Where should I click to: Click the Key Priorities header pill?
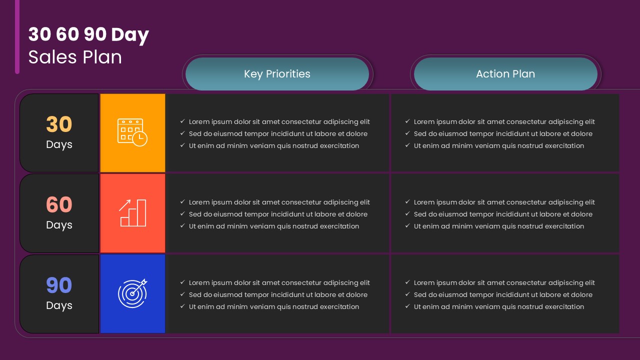277,74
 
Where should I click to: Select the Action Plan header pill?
505,74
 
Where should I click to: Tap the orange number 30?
59,124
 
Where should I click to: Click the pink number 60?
59,205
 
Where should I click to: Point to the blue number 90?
59,285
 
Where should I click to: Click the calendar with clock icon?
132,132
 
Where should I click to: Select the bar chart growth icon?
132,213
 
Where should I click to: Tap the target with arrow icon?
132,293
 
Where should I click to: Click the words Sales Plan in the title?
75,57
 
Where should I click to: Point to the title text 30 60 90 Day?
88,34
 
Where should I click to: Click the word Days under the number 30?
59,144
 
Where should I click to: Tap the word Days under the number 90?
59,305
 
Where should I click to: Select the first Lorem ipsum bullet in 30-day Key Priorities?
279,121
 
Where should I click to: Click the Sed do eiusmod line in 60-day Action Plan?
503,214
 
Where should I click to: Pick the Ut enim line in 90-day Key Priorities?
273,306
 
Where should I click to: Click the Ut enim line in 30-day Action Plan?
498,145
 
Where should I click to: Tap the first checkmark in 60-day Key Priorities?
182,202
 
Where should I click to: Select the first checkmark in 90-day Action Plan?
407,282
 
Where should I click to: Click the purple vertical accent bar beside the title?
17,37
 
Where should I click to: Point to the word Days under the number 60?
59,225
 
